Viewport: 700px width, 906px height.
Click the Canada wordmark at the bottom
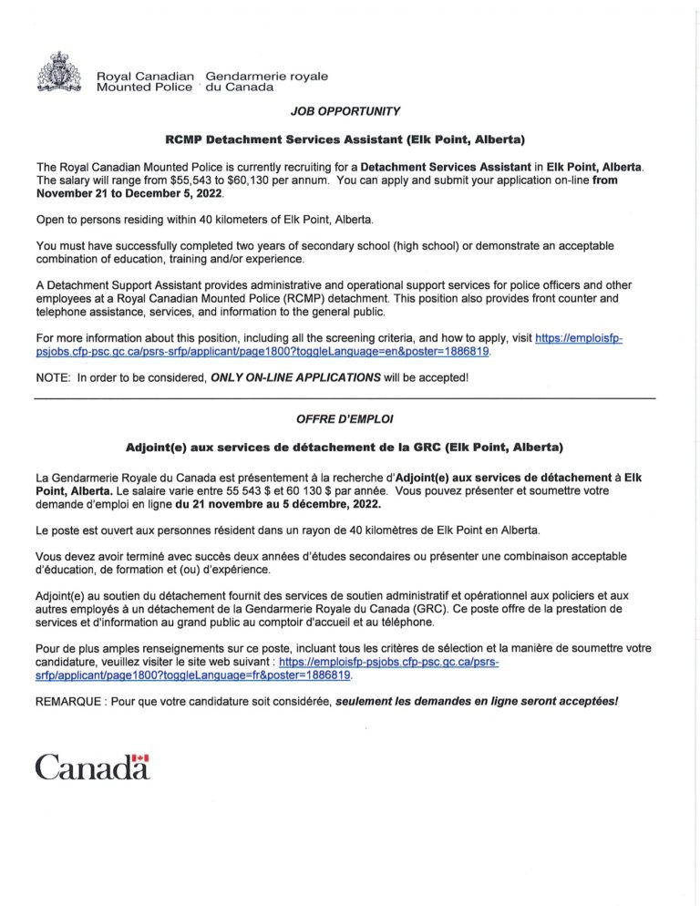[x=92, y=767]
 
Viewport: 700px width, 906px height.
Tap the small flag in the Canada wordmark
[x=139, y=758]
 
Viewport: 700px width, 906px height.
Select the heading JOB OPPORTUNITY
[x=345, y=111]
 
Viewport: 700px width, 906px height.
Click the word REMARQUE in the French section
[x=70, y=703]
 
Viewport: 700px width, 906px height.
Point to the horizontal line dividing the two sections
[x=345, y=399]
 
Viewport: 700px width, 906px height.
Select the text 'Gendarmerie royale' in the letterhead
[x=267, y=76]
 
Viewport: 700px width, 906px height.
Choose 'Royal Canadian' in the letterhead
[x=146, y=76]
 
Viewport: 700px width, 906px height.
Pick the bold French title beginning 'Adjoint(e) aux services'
[x=345, y=448]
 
